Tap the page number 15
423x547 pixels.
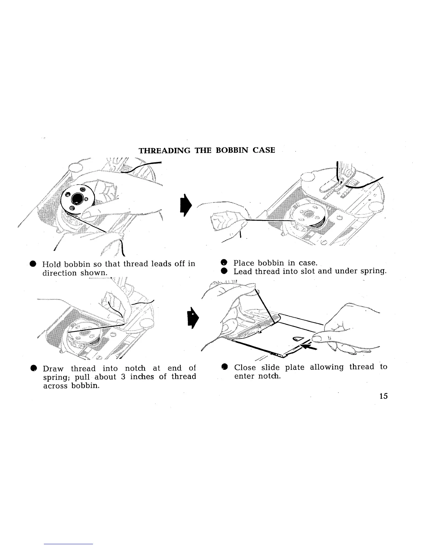[383, 396]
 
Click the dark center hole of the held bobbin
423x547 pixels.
[77, 198]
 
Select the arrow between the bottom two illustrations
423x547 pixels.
[191, 318]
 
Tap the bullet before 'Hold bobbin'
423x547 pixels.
[32, 265]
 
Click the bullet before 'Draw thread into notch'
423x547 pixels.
[33, 368]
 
